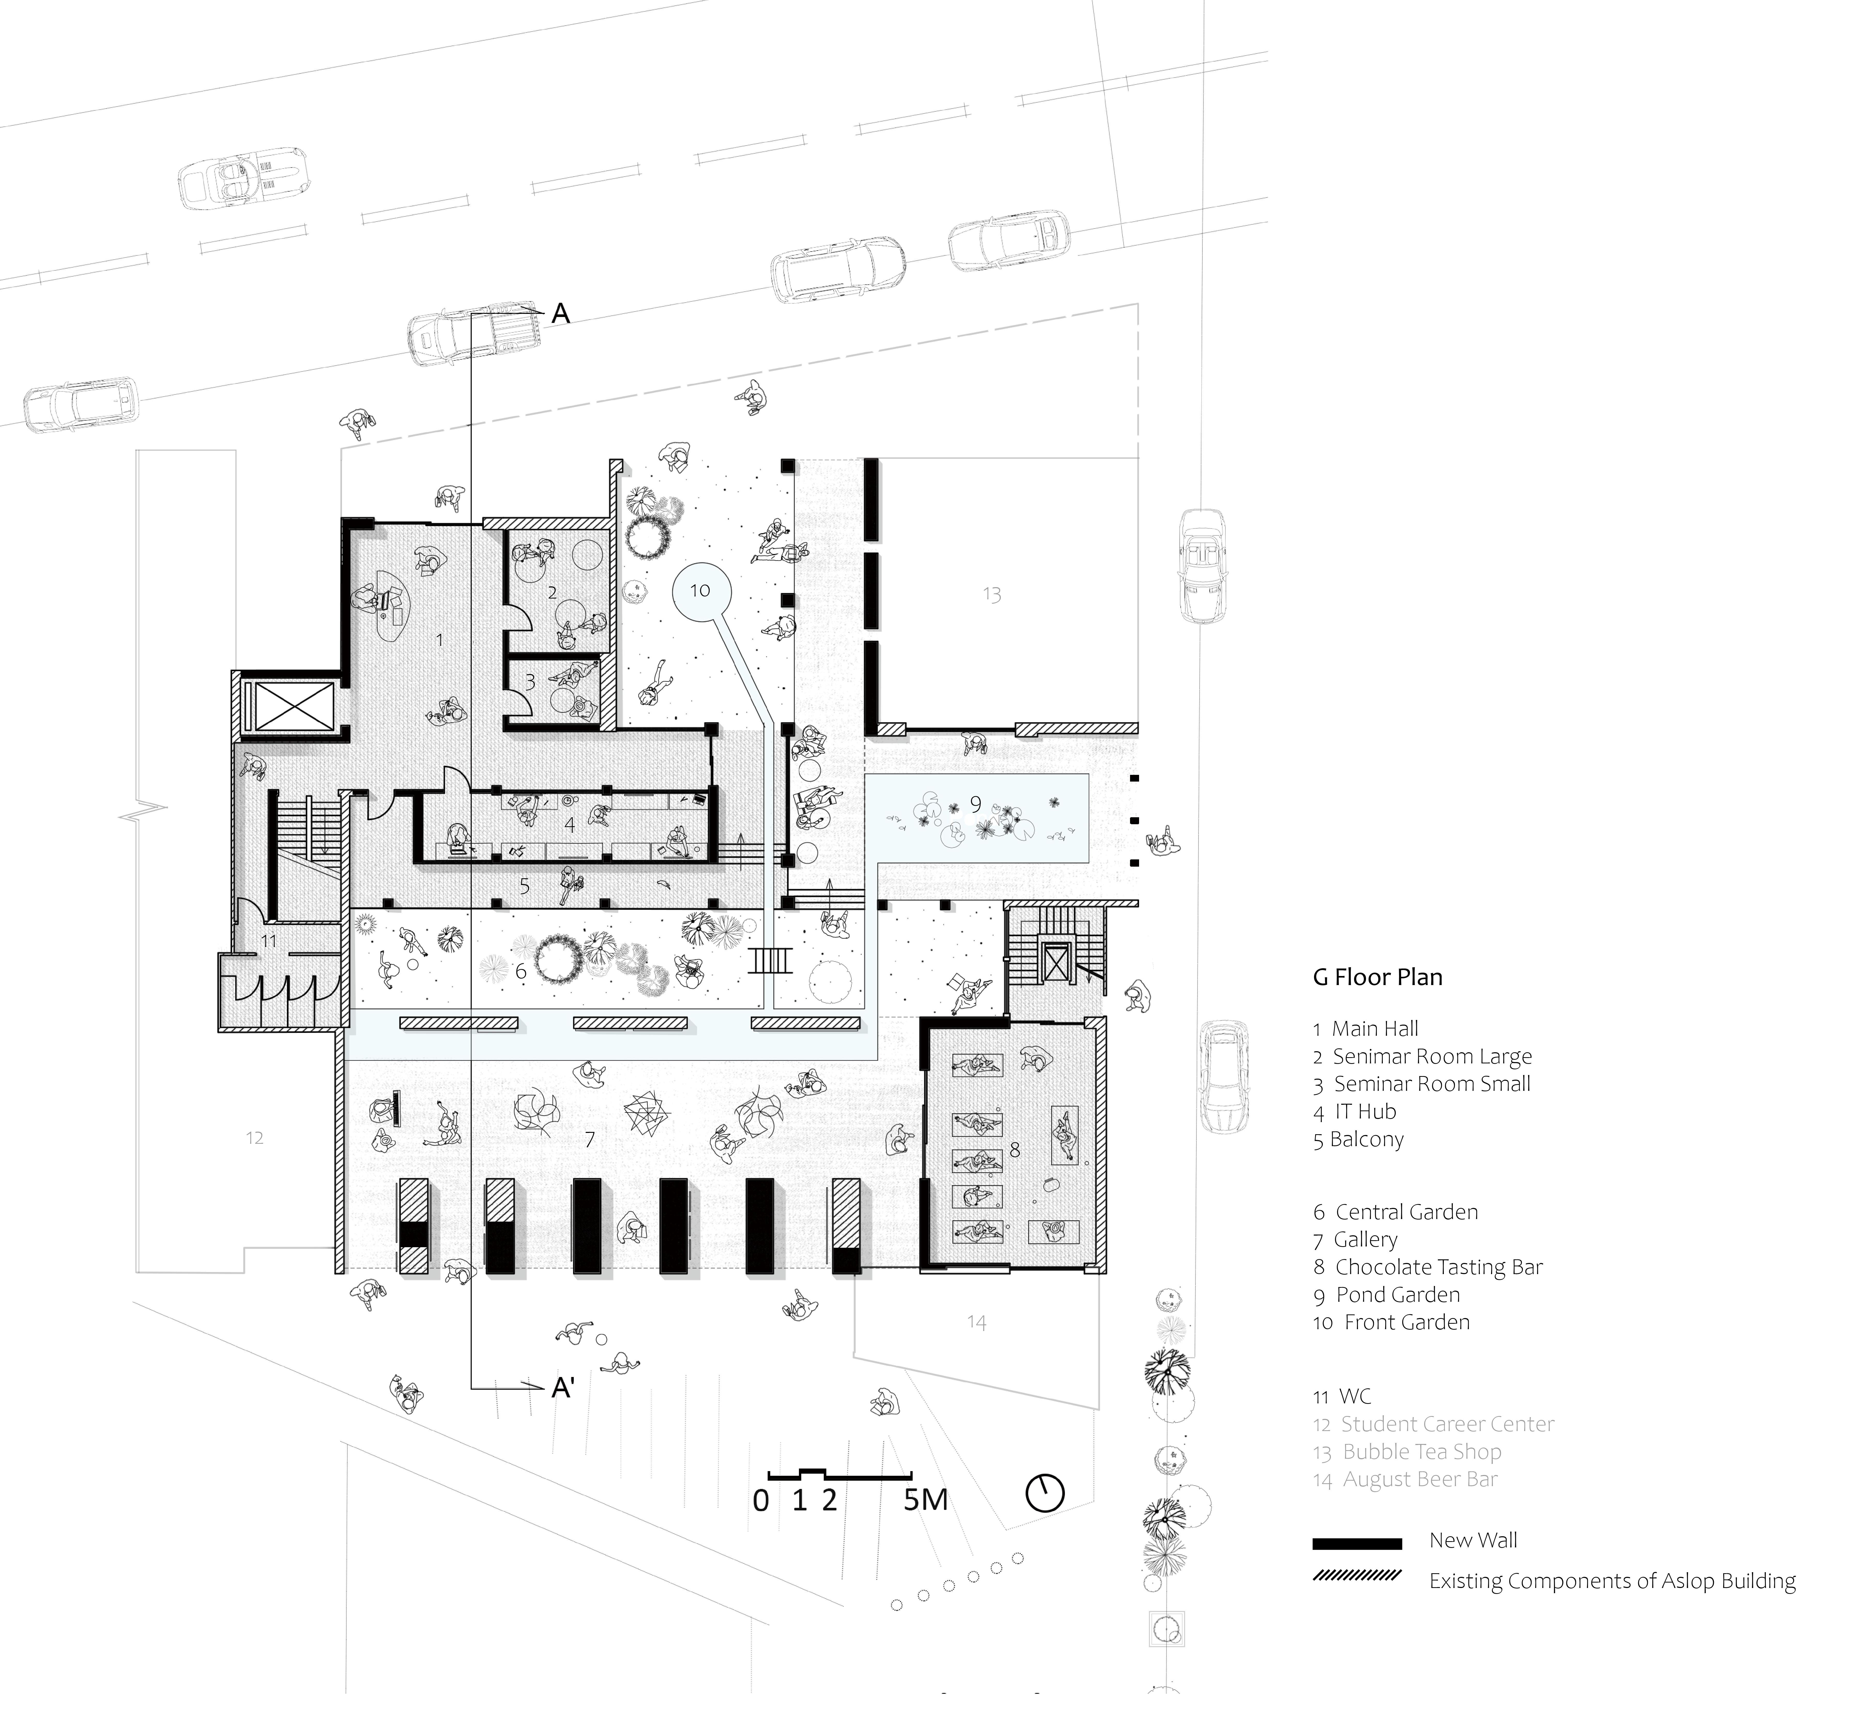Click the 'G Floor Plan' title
[x=1378, y=977]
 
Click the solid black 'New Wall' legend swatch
[x=1356, y=1543]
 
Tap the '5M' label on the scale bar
[x=925, y=1500]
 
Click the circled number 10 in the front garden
[x=700, y=590]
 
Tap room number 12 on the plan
[x=254, y=1138]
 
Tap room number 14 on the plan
[x=977, y=1322]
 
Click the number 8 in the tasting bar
[x=1015, y=1149]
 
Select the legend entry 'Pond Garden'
[x=1397, y=1295]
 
